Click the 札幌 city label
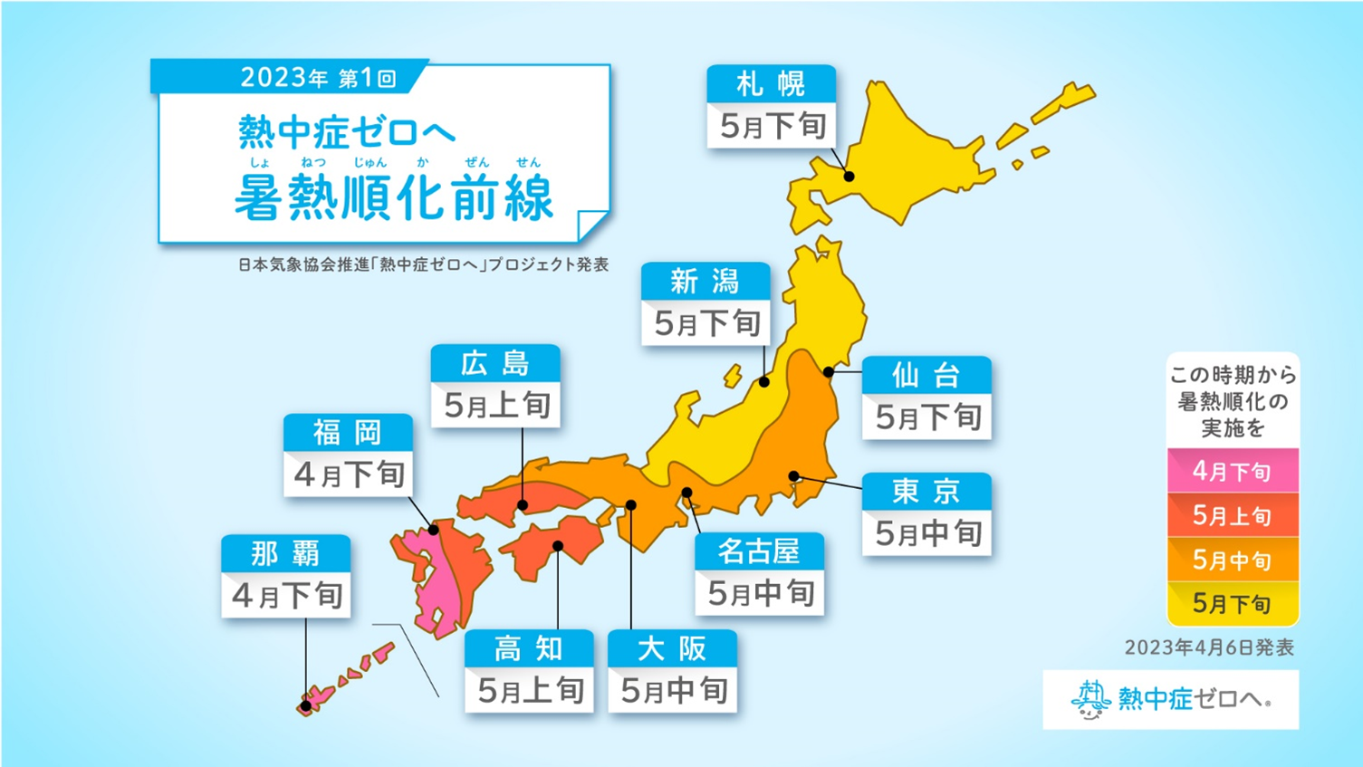[771, 84]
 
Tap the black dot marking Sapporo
[849, 177]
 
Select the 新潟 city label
[705, 282]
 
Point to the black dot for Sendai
[829, 372]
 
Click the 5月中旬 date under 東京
[927, 533]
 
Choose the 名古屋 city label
[759, 551]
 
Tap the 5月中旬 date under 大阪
[673, 691]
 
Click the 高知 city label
[529, 648]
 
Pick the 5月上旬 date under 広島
[496, 406]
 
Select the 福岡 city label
[348, 433]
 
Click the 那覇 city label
[285, 552]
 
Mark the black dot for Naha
[306, 705]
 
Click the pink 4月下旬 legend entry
[1232, 471]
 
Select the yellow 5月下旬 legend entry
[1232, 603]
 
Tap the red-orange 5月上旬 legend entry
[1232, 515]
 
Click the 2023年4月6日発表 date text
[1208, 647]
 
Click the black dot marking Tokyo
[794, 476]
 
